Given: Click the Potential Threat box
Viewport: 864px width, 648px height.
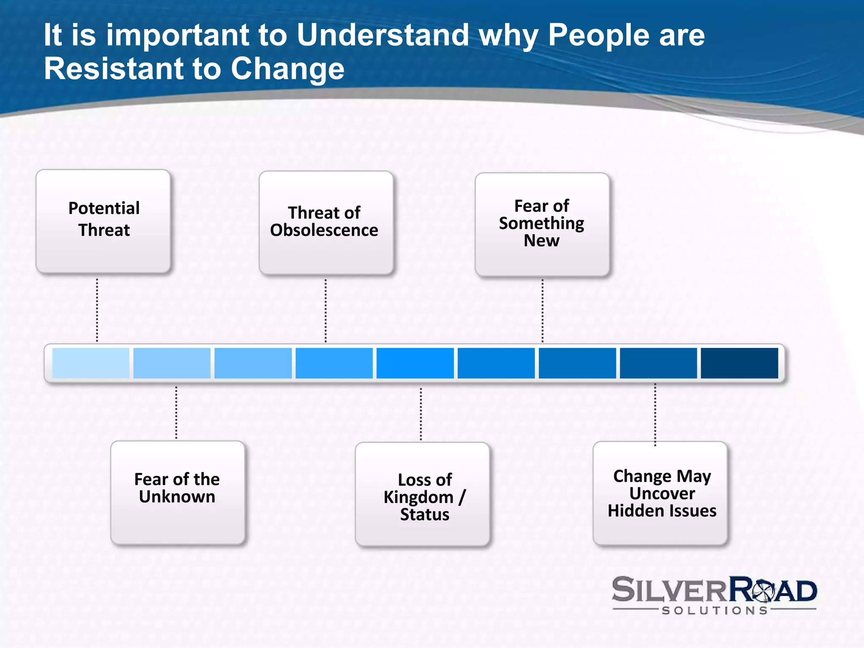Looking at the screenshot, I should pos(103,221).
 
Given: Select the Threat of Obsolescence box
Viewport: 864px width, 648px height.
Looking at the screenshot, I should pos(326,223).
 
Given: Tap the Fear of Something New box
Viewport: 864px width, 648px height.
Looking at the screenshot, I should pos(542,224).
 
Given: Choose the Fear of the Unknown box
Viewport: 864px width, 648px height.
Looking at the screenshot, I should pos(178,492).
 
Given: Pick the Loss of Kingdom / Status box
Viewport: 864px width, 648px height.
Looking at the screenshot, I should pos(422,494).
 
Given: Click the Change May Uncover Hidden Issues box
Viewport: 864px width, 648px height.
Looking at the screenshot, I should pos(660,493).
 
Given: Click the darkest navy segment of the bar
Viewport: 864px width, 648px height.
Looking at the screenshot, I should pos(739,363).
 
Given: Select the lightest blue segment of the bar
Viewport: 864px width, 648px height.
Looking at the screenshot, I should pos(91,363).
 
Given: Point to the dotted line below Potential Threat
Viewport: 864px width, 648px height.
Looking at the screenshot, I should pos(97,310).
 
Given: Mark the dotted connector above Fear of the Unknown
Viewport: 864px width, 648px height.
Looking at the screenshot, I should pos(176,413).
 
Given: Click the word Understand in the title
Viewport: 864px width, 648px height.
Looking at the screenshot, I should pos(383,35).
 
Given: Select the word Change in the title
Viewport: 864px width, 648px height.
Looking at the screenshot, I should pos(287,69).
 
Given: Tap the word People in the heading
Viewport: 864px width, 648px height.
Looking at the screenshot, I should pos(599,35).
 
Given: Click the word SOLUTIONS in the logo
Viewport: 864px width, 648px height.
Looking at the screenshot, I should pos(715,610).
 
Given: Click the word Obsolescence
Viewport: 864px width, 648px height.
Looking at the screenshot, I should pos(324,230).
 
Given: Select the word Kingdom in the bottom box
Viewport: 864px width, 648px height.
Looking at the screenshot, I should pos(418,497).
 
